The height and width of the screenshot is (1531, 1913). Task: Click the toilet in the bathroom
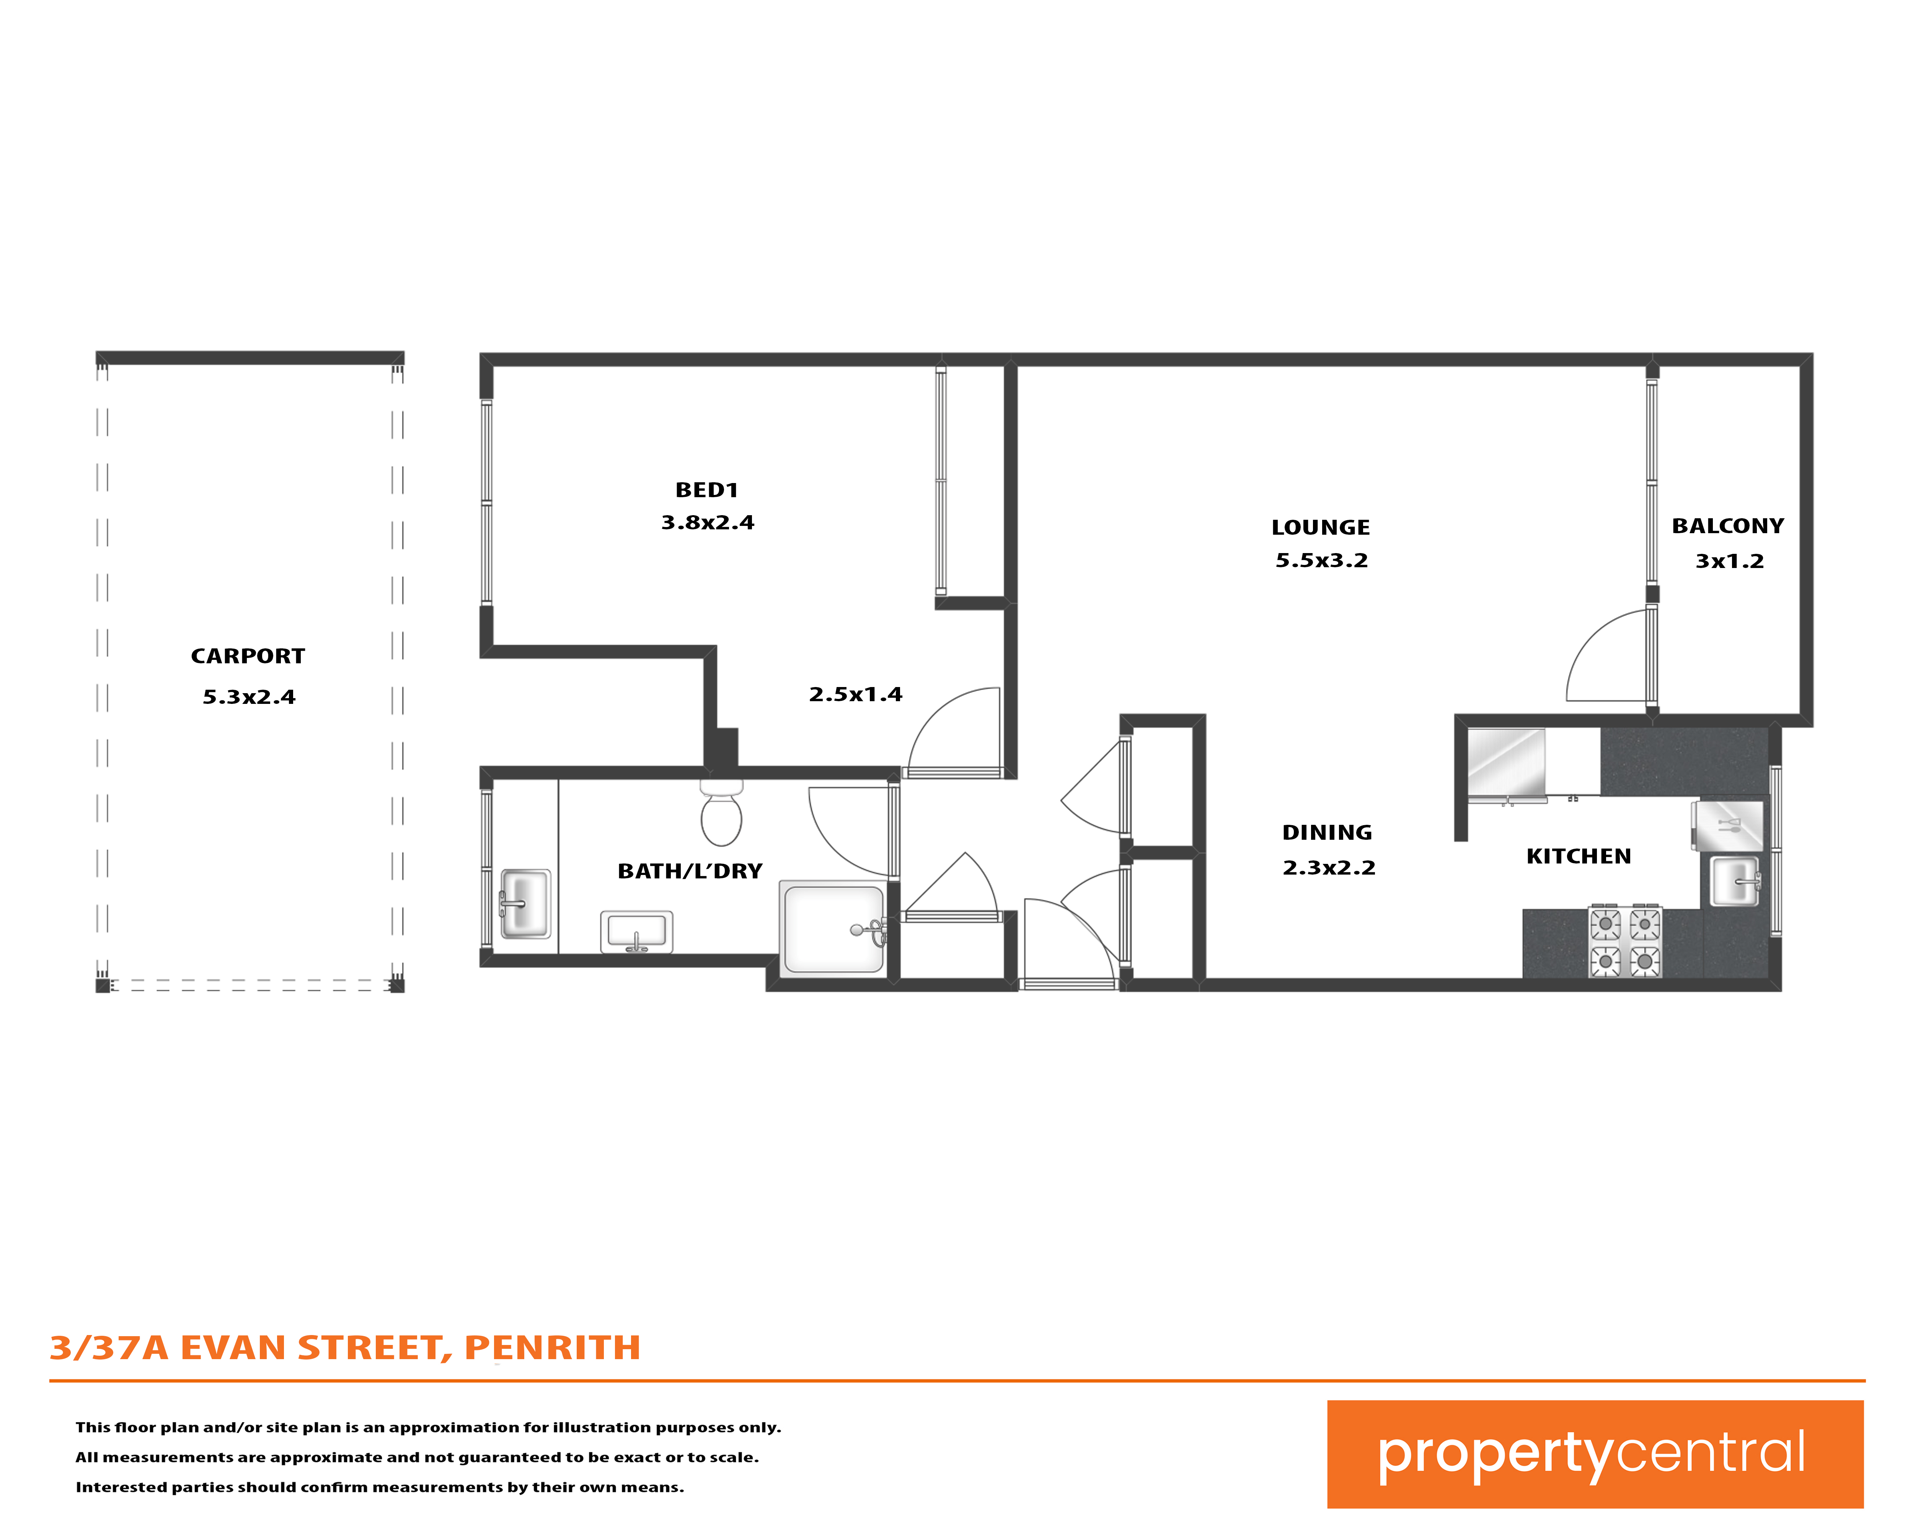(x=721, y=813)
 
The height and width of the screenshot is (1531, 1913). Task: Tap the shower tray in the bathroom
(x=832, y=927)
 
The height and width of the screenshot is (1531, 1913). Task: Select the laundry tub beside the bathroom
(x=525, y=904)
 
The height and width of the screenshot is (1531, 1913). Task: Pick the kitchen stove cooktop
(x=1624, y=942)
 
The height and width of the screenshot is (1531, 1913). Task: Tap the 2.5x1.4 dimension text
(x=855, y=694)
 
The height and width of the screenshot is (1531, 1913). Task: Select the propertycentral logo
(x=1595, y=1455)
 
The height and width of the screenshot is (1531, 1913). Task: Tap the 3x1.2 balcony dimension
(x=1729, y=561)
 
